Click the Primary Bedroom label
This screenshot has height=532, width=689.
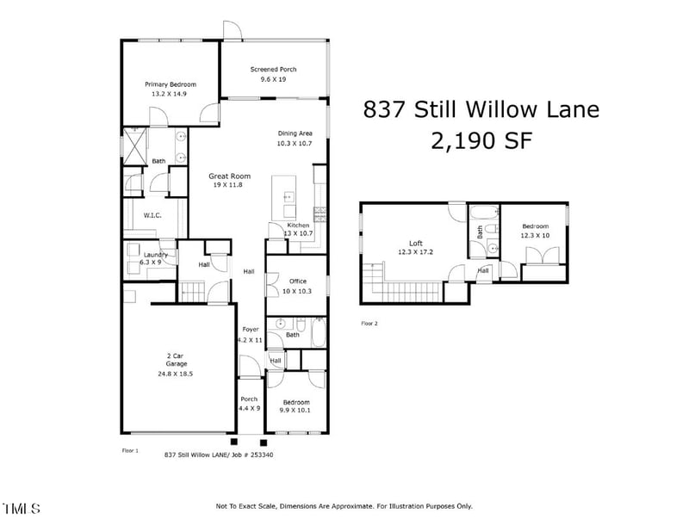pos(170,84)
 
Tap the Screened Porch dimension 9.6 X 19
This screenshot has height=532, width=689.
pos(273,79)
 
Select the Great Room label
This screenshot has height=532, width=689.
pos(229,176)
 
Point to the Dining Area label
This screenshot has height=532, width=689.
pos(295,133)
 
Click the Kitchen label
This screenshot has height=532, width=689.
pos(297,225)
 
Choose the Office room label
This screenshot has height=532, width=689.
pos(298,281)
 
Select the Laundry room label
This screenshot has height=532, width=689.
pos(156,254)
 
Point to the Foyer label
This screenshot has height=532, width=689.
pos(250,330)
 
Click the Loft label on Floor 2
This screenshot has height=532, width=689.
pos(417,243)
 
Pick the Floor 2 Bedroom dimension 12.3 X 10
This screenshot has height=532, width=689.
pos(535,235)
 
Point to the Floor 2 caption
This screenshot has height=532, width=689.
pos(369,325)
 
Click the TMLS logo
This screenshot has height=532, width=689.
pos(21,509)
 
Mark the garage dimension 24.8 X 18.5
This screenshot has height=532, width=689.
pos(174,374)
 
